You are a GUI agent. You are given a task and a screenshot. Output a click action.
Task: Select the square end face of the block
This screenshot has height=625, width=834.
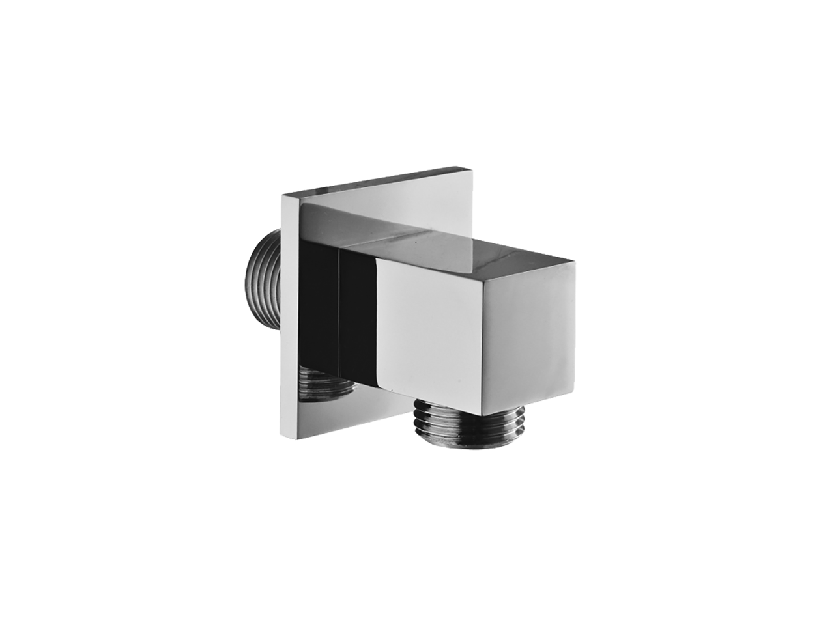(x=554, y=339)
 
